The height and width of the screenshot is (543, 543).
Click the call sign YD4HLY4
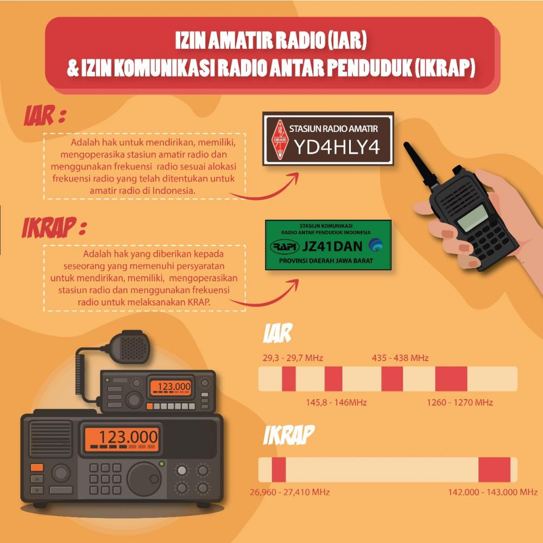(337, 147)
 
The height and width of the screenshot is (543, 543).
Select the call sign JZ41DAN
(332, 246)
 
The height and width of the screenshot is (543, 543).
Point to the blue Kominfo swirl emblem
(375, 245)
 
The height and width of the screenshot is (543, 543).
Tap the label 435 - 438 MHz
(400, 358)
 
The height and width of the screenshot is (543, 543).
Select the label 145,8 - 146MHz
(337, 402)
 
